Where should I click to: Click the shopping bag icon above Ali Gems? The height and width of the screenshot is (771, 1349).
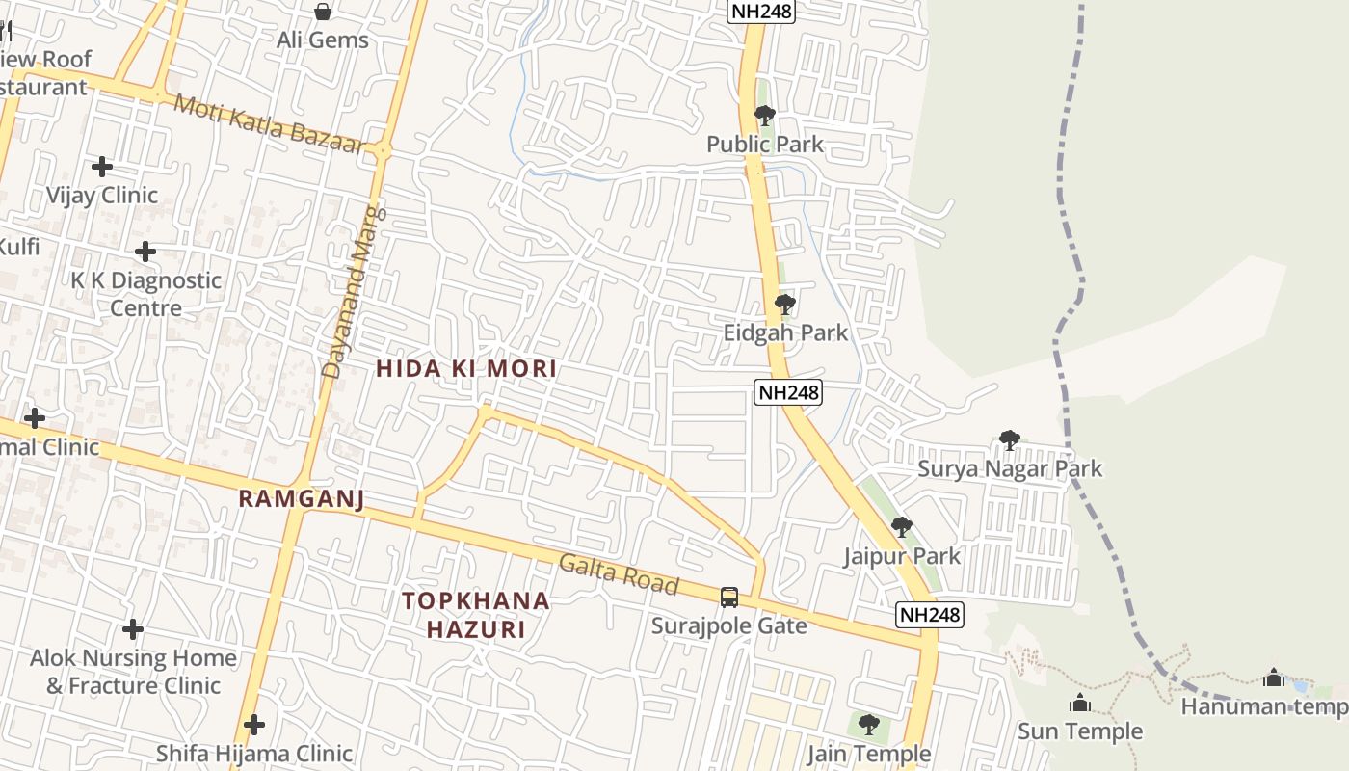point(323,12)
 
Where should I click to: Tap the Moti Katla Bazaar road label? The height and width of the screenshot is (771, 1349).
point(269,124)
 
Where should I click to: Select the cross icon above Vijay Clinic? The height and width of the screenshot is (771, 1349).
point(102,168)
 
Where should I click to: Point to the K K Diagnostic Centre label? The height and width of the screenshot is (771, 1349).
point(145,294)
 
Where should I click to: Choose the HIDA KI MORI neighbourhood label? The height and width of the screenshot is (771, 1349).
point(466,368)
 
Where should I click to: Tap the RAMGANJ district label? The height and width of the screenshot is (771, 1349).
point(301,498)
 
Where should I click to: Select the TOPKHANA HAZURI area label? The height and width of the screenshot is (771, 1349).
point(476,615)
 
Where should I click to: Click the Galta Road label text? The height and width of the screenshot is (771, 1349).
point(619,575)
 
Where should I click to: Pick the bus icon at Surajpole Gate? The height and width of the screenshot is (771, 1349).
point(729,598)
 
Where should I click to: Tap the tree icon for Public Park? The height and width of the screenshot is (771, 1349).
point(765,117)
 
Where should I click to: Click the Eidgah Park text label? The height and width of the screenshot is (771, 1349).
point(785,333)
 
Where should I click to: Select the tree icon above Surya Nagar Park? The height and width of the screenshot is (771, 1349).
point(1010,441)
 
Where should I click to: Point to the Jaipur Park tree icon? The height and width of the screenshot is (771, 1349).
point(902,527)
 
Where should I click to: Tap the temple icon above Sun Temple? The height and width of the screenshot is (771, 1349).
point(1080,704)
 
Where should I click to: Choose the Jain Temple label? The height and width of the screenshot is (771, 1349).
point(869,754)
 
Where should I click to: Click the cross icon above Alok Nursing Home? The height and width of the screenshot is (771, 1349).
point(133,630)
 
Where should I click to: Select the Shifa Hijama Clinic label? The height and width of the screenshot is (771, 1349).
point(254,753)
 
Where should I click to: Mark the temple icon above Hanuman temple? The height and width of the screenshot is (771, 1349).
point(1274,678)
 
